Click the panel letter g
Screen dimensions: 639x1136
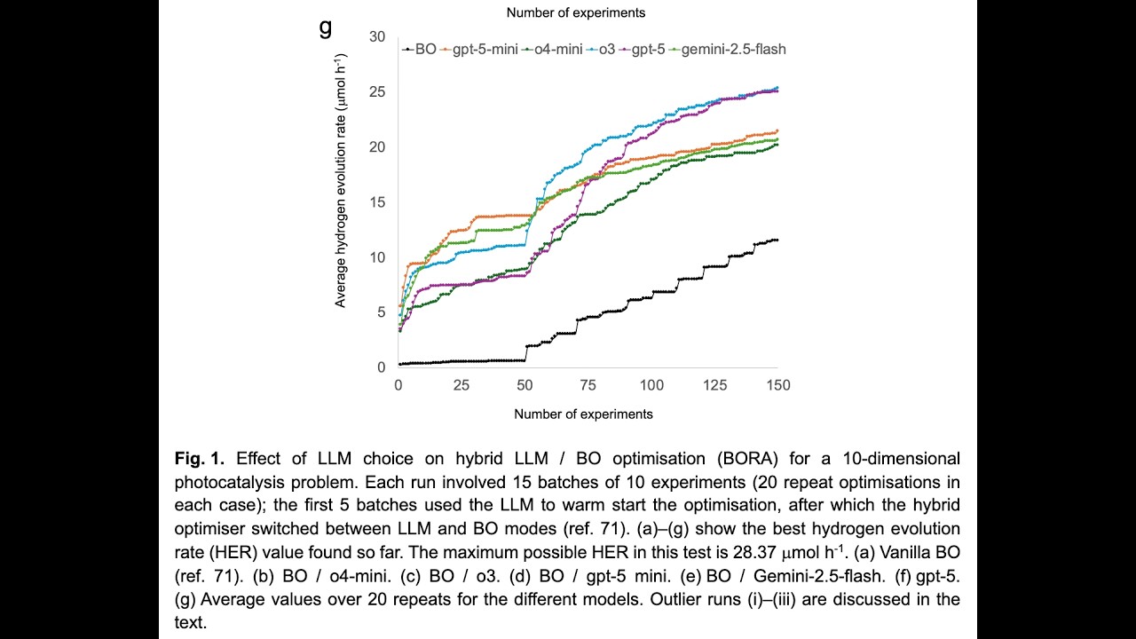point(326,28)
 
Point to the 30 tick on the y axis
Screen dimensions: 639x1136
point(379,36)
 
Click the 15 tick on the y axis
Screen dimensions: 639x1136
point(379,201)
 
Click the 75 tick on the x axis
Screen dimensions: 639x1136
point(588,386)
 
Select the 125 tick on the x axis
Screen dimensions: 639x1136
point(714,386)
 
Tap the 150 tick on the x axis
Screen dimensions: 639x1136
point(777,386)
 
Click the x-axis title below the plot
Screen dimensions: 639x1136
point(583,414)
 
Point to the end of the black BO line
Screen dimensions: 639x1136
point(777,241)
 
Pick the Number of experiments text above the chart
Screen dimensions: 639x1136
point(575,12)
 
